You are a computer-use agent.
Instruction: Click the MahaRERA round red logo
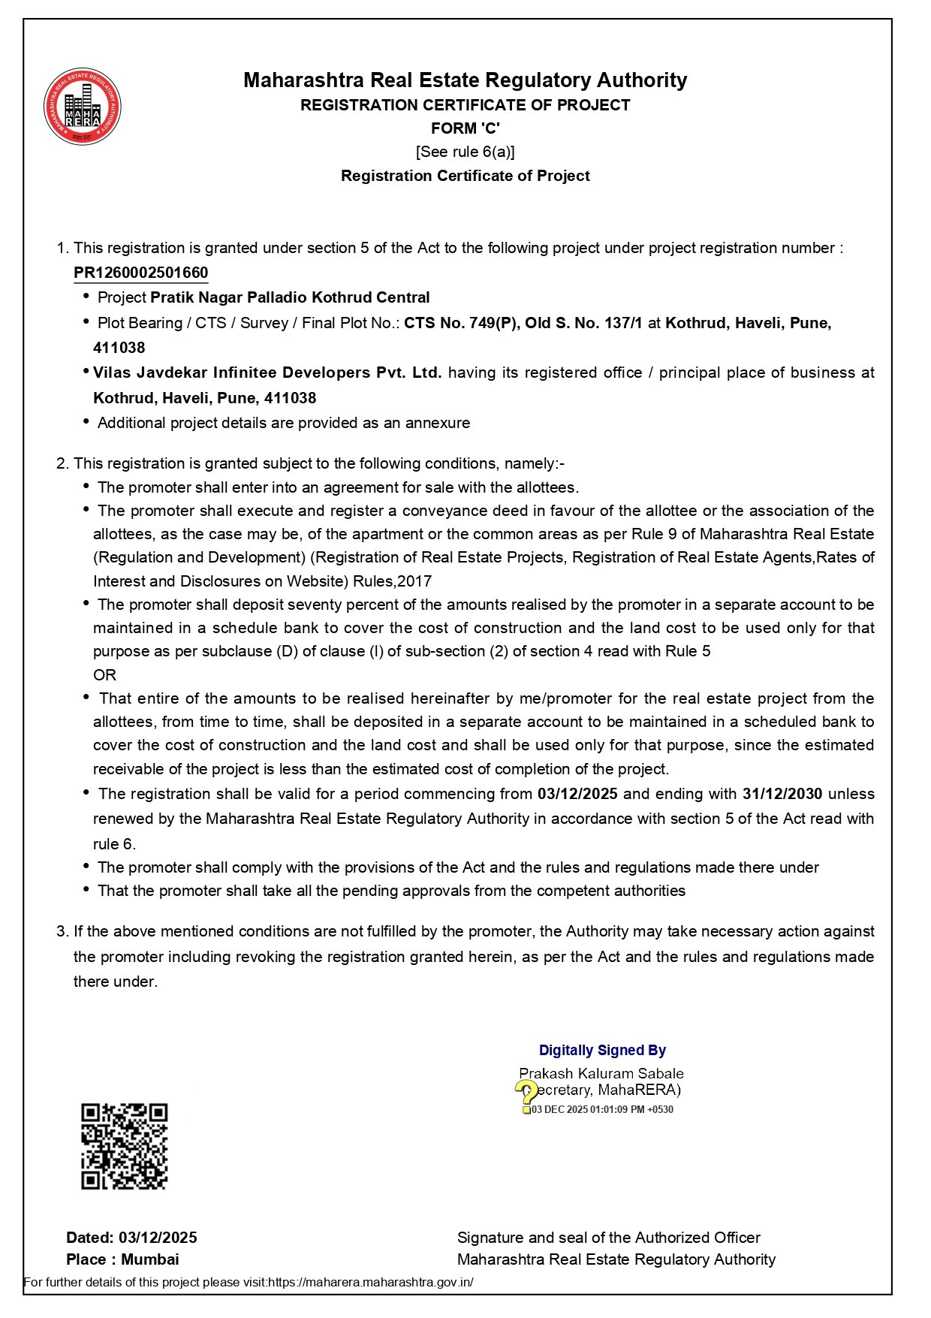pos(83,106)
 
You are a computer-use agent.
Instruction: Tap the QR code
pos(124,1146)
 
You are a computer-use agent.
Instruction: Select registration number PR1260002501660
pos(141,273)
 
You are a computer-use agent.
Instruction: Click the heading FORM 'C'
pos(465,128)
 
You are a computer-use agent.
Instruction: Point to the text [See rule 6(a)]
pos(465,152)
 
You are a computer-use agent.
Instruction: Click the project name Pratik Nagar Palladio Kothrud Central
pos(290,297)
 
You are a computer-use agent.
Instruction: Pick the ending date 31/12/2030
pos(782,794)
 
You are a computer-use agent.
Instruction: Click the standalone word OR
pos(105,675)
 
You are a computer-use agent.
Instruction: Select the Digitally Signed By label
pos(602,1051)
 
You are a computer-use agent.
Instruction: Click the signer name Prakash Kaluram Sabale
pos(601,1074)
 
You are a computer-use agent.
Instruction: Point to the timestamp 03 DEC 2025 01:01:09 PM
pos(602,1110)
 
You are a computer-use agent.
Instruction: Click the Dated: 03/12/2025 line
pos(132,1238)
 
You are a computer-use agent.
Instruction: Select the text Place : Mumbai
pos(123,1259)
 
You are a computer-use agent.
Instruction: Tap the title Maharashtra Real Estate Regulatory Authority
pos(465,80)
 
